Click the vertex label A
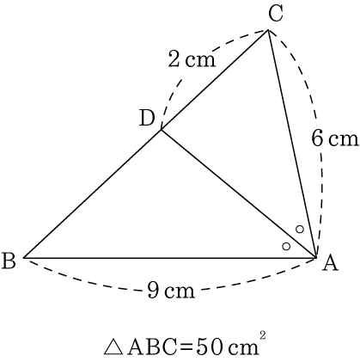pyautogui.click(x=330, y=264)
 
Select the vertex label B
pyautogui.click(x=9, y=261)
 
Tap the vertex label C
pyautogui.click(x=276, y=14)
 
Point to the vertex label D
pyautogui.click(x=147, y=119)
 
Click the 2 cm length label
pyautogui.click(x=192, y=58)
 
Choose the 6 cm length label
pyautogui.click(x=335, y=138)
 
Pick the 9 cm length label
pyautogui.click(x=171, y=290)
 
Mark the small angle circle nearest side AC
pyautogui.click(x=300, y=230)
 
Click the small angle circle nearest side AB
pyautogui.click(x=286, y=246)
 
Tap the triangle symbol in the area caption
pyautogui.click(x=114, y=347)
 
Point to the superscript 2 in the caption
pyautogui.click(x=263, y=335)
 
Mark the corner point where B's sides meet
pyautogui.click(x=23, y=258)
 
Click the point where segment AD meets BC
pyautogui.click(x=162, y=130)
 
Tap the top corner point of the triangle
pyautogui.click(x=268, y=30)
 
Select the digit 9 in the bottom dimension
pyautogui.click(x=154, y=290)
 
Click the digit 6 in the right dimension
pyautogui.click(x=317, y=138)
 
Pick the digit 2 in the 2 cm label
pyautogui.click(x=174, y=58)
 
